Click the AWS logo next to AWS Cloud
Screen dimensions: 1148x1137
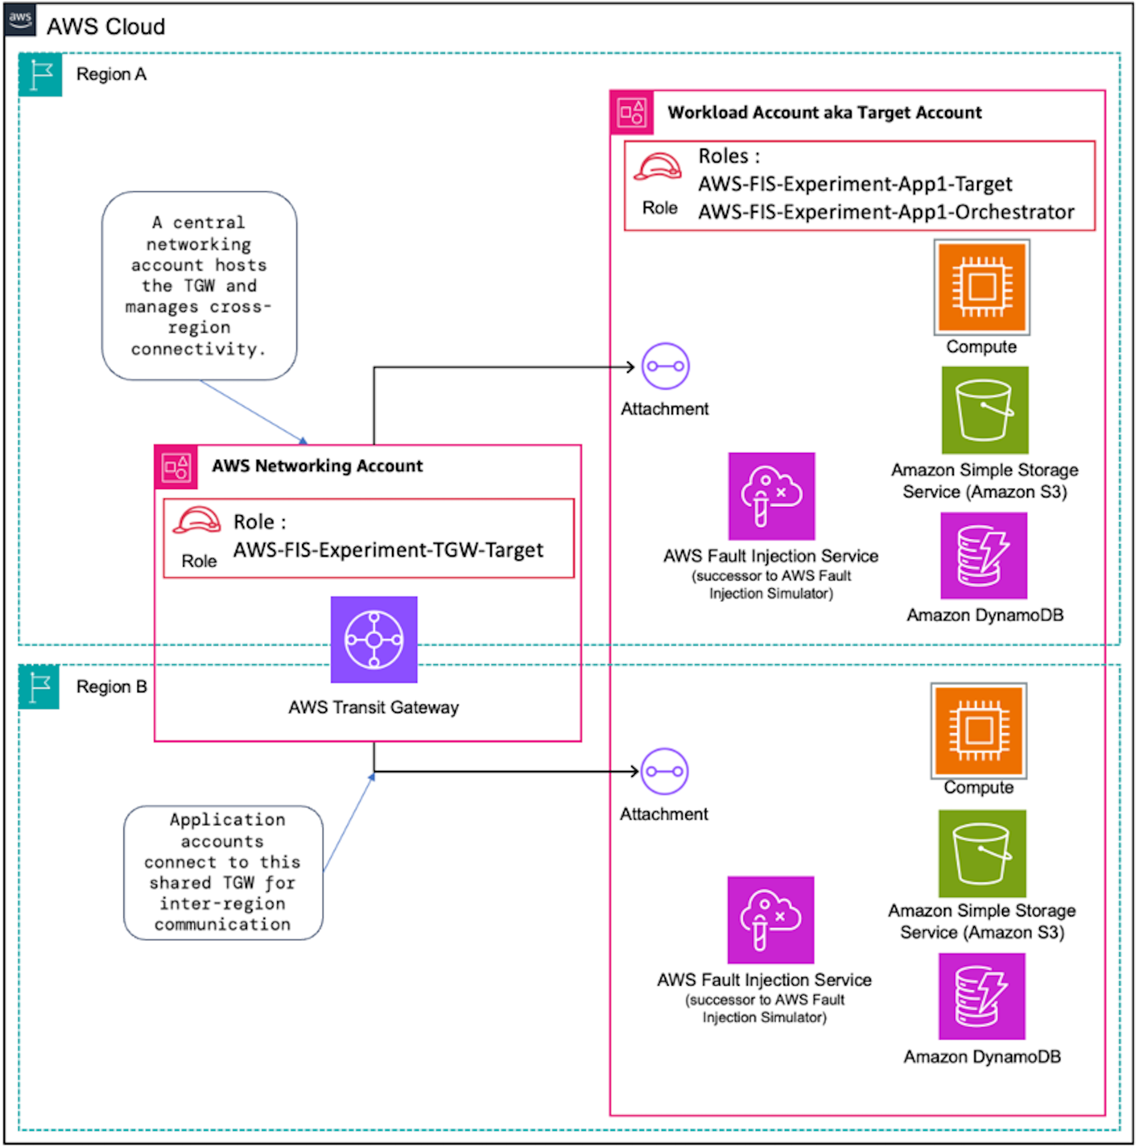tap(20, 20)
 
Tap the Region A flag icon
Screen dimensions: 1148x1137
tap(40, 75)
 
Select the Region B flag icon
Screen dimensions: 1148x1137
tap(39, 687)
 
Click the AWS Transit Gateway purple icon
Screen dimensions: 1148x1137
tap(374, 639)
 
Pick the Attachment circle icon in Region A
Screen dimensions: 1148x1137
tap(665, 366)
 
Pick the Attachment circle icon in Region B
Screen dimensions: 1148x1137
tap(664, 771)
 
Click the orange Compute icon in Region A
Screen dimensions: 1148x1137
tap(981, 288)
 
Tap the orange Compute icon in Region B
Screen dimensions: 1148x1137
tap(978, 730)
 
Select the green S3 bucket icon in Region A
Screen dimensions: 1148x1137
tap(984, 410)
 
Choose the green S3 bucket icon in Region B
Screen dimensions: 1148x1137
tap(982, 853)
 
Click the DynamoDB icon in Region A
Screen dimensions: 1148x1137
tap(983, 555)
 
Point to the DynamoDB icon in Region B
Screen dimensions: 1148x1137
tap(981, 996)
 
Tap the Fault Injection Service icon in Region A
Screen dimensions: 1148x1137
tap(771, 496)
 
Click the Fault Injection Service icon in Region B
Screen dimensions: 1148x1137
tap(770, 919)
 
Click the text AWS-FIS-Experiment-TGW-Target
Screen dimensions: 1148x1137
tap(388, 550)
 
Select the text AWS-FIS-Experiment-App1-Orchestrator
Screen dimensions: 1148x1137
tap(885, 212)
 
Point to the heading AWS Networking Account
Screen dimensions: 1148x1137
tap(317, 466)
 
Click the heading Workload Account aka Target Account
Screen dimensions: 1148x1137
tap(824, 112)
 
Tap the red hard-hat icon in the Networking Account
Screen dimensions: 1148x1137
tap(197, 521)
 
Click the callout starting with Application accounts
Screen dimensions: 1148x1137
tap(223, 872)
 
